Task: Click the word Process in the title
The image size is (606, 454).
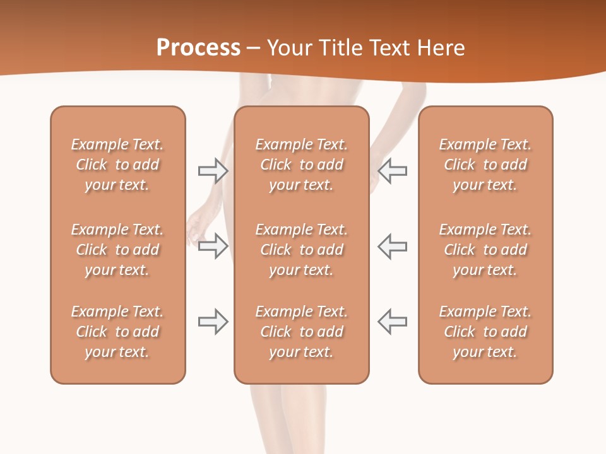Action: pos(198,48)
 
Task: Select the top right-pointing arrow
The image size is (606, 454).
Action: pos(213,170)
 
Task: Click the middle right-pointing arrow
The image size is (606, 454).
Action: pos(213,246)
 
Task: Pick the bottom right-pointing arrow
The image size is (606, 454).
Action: pos(213,322)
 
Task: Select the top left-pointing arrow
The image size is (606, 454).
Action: pos(393,170)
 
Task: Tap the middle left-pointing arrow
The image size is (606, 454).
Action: pos(393,246)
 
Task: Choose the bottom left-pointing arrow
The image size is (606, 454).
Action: pos(393,322)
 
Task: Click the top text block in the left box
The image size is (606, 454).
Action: pos(117,165)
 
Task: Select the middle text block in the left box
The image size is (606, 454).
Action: pos(117,250)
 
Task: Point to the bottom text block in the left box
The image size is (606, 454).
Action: pos(117,332)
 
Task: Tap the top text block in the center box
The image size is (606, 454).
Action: pos(301,165)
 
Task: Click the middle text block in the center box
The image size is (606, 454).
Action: pos(301,250)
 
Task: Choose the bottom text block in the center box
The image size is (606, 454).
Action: pos(301,332)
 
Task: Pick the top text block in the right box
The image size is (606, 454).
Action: pos(485,165)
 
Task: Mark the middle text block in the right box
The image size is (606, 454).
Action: pos(485,250)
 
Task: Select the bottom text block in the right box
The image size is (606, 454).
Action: pos(485,332)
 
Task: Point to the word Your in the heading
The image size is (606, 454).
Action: pos(288,48)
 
